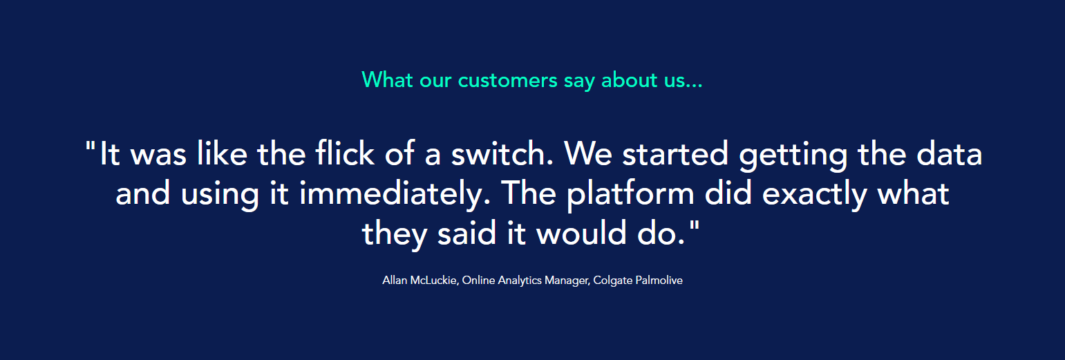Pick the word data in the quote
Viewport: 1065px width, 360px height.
pos(951,153)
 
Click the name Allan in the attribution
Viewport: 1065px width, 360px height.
pos(395,281)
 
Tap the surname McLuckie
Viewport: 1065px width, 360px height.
pos(433,281)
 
